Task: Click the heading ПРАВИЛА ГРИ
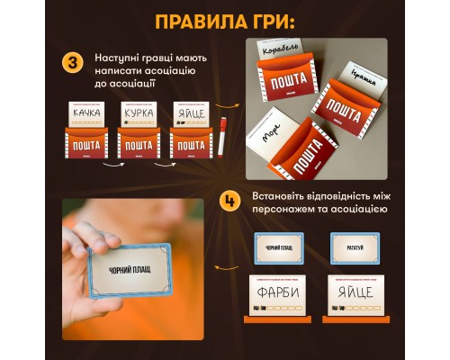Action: pos(225,21)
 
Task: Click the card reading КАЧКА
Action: pos(86,114)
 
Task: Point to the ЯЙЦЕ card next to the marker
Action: pos(189,114)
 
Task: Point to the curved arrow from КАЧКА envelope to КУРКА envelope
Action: pos(112,166)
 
